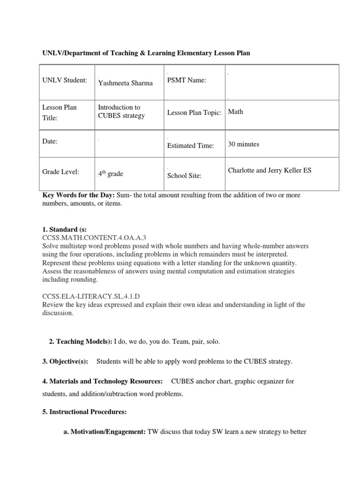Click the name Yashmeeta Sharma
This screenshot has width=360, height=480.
(x=126, y=83)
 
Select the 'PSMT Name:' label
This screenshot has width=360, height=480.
(x=187, y=81)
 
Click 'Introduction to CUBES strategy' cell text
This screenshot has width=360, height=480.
(x=121, y=112)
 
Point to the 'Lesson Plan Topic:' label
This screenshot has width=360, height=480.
(x=194, y=113)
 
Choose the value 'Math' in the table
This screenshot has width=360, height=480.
(x=235, y=112)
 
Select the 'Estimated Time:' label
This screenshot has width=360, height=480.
(x=190, y=146)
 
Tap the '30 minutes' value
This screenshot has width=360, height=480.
(x=243, y=144)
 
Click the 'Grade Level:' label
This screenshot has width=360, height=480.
(x=60, y=172)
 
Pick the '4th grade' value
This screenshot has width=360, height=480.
(x=110, y=174)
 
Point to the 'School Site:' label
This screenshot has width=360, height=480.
(x=184, y=175)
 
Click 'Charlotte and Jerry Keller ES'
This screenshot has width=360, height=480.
(x=269, y=170)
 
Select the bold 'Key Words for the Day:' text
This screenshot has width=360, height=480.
(x=75, y=195)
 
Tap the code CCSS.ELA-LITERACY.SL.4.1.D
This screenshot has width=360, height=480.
(x=92, y=296)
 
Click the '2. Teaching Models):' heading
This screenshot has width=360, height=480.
(x=80, y=342)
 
